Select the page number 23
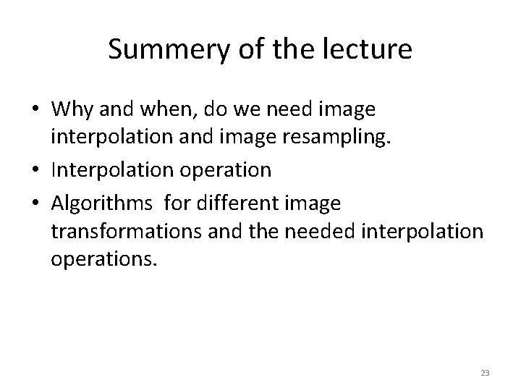pyautogui.click(x=485, y=373)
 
